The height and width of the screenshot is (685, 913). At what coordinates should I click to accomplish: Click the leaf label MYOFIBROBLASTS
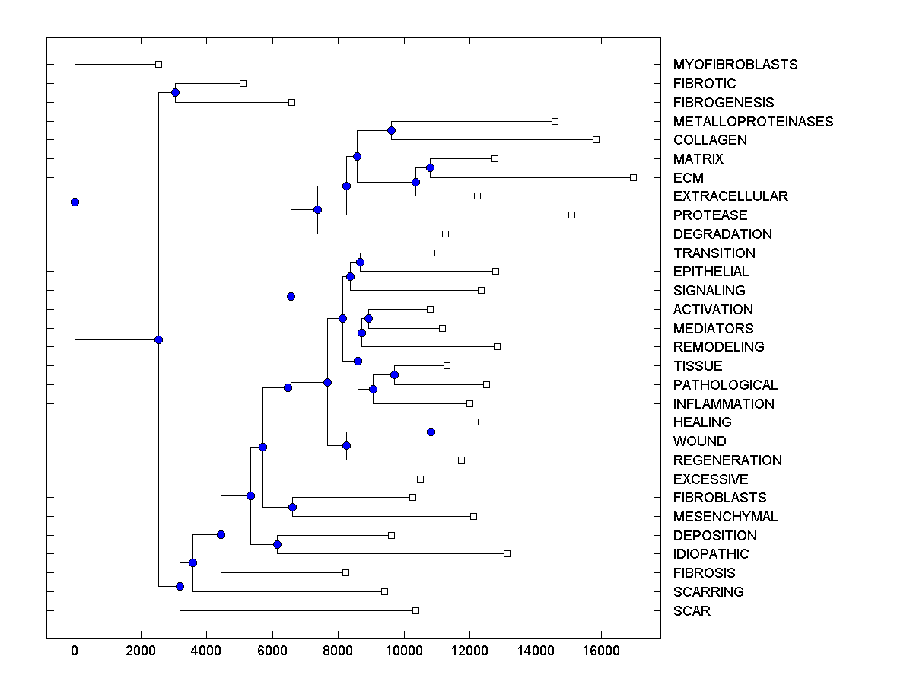coord(735,65)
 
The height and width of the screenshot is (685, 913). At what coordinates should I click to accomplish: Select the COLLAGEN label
coord(710,140)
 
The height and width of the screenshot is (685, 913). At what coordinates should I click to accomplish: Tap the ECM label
coord(688,177)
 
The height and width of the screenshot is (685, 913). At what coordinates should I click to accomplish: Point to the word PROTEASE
coord(710,215)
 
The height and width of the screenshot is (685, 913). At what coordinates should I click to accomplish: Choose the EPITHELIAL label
coord(711,272)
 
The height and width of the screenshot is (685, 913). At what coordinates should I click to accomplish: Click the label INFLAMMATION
coord(724,403)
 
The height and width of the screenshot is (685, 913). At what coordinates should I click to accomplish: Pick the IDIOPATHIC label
coord(711,554)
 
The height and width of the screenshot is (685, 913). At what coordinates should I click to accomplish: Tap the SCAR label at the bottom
coord(692,610)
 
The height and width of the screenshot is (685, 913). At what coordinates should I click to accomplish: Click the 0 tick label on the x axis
coord(75,650)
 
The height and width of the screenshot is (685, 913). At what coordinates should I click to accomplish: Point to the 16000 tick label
coord(601,650)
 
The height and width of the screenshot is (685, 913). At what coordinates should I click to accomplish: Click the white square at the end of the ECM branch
coord(633,177)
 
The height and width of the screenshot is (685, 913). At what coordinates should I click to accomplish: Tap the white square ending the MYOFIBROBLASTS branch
coord(158,65)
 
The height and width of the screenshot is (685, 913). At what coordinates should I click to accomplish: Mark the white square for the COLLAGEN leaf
coord(596,139)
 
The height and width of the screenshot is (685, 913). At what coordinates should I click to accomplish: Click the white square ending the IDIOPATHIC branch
coord(507,553)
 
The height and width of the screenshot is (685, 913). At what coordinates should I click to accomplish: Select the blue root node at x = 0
coord(75,202)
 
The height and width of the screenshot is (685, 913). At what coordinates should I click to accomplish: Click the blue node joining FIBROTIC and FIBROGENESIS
coord(175,92)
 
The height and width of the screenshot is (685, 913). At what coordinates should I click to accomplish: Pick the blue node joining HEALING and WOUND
coord(431,432)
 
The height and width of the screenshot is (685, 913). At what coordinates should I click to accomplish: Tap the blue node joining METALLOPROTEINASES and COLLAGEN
coord(391,130)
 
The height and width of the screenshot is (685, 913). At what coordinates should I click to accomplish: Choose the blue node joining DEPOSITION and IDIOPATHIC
coord(277,544)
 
